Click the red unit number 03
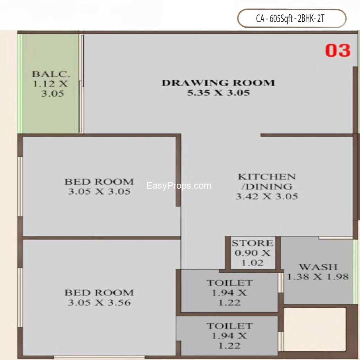pyautogui.click(x=338, y=51)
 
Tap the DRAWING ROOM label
pyautogui.click(x=218, y=83)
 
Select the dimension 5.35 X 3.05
pyautogui.click(x=218, y=93)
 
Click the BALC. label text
pyautogui.click(x=51, y=74)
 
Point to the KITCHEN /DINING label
pyautogui.click(x=267, y=181)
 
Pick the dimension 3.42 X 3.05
pyautogui.click(x=267, y=196)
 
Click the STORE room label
pyautogui.click(x=252, y=243)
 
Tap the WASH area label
pyautogui.click(x=318, y=267)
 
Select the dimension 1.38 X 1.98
pyautogui.click(x=318, y=277)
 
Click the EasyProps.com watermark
pyautogui.click(x=179, y=186)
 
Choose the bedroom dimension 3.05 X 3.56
pyautogui.click(x=99, y=303)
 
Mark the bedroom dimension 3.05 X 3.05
pyautogui.click(x=99, y=192)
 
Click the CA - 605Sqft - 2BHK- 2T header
pyautogui.click(x=290, y=19)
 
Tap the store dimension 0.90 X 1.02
pyautogui.click(x=252, y=258)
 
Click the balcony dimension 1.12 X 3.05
pyautogui.click(x=51, y=89)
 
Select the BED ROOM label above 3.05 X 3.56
pyautogui.click(x=99, y=292)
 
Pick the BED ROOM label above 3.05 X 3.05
pyautogui.click(x=99, y=182)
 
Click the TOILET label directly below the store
pyautogui.click(x=229, y=283)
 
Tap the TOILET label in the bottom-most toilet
pyautogui.click(x=229, y=326)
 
